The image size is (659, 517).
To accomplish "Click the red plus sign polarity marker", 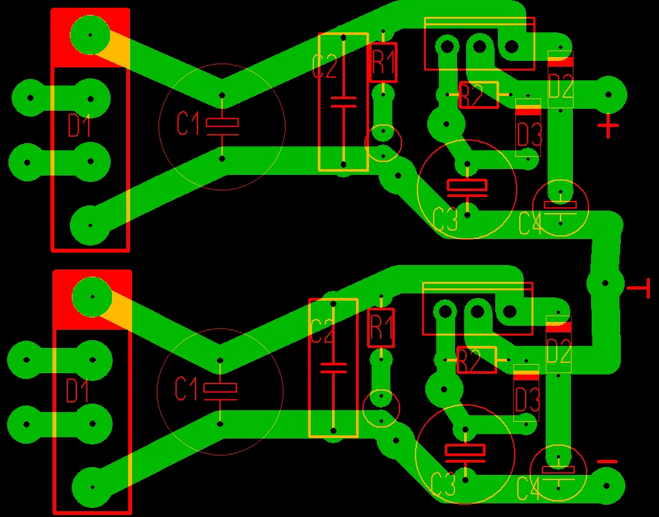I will coord(607,126).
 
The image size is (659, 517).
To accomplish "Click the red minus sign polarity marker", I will coord(607,461).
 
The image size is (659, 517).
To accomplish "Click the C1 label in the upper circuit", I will coord(188,123).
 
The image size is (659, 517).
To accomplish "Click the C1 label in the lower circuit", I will coord(186,389).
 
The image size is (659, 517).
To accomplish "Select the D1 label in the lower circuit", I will coord(78,391).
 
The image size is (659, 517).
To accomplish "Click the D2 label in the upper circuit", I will coord(561,86).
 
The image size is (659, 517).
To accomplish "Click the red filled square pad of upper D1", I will coord(90,36).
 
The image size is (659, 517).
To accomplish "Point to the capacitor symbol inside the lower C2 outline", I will coord(333,369).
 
